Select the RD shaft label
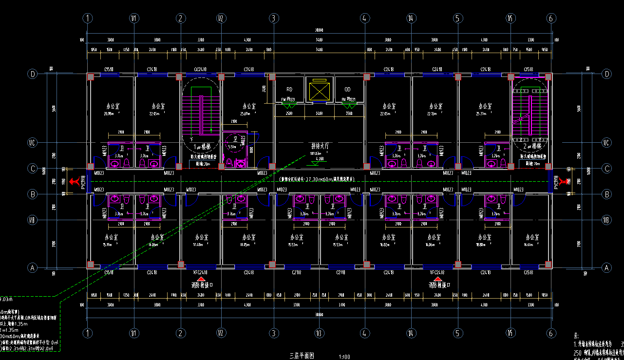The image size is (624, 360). [x=289, y=90]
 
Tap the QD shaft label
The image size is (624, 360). [x=347, y=90]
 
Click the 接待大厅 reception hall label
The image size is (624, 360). [x=320, y=146]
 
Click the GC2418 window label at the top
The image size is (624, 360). [x=201, y=70]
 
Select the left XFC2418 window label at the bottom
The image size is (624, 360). [x=201, y=273]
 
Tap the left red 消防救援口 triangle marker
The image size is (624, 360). [x=201, y=278]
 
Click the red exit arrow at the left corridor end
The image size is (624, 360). [x=75, y=182]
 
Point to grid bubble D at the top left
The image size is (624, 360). [x=33, y=74]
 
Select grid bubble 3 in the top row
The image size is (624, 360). [x=274, y=19]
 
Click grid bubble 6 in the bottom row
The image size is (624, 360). [x=551, y=333]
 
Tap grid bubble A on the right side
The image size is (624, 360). [x=606, y=267]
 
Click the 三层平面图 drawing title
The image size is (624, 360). [x=303, y=356]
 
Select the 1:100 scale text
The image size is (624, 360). [x=344, y=357]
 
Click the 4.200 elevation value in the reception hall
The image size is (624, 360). [x=320, y=159]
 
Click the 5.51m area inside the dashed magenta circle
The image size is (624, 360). [x=232, y=146]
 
